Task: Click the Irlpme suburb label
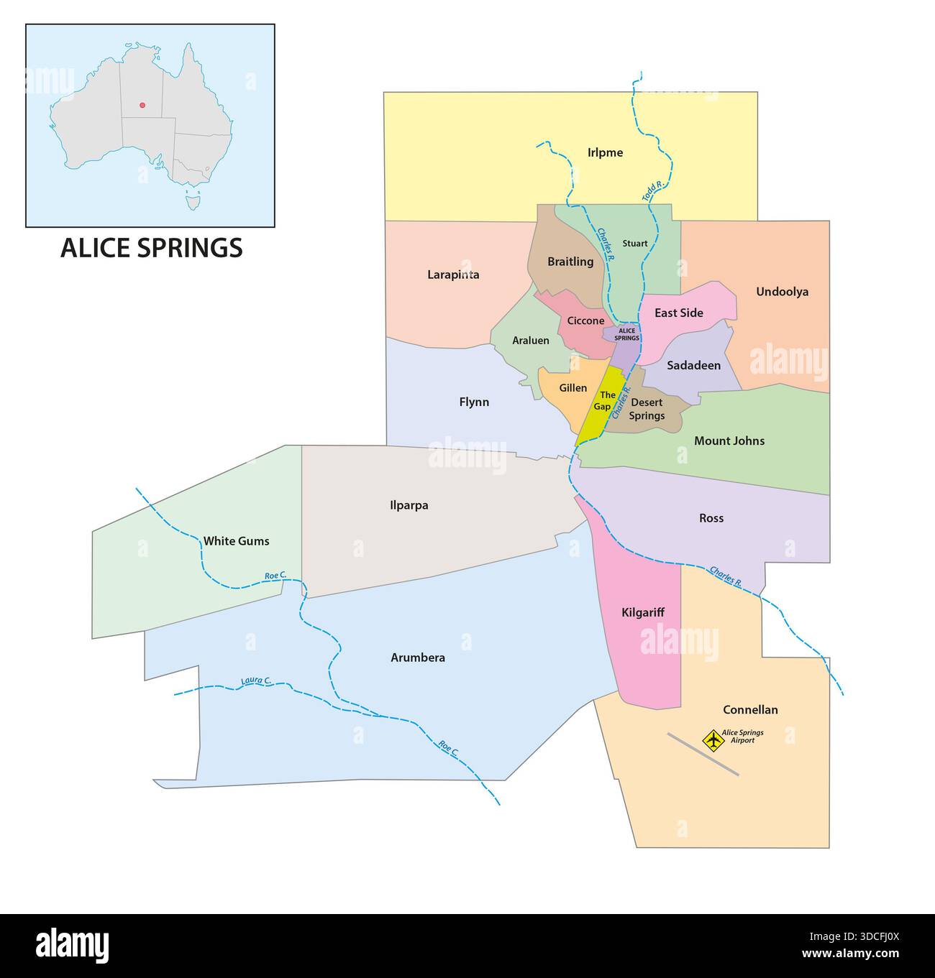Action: click(x=604, y=153)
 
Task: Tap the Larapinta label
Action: click(x=453, y=275)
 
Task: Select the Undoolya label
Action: click(x=782, y=292)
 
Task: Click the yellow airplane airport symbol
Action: click(x=712, y=739)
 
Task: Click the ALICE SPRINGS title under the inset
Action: click(x=151, y=248)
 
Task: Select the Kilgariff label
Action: click(x=642, y=613)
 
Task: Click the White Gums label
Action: click(x=236, y=541)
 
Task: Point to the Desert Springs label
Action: click(x=647, y=409)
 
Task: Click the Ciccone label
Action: click(x=585, y=320)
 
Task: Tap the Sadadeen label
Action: click(x=693, y=366)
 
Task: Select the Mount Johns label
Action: click(x=729, y=441)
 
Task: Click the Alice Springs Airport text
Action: click(x=742, y=736)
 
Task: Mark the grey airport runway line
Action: click(x=703, y=754)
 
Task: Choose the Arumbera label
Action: click(x=417, y=658)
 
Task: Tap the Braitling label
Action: click(x=570, y=262)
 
